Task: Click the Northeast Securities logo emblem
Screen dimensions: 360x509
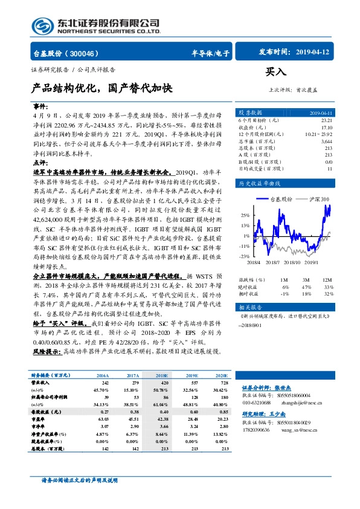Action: [x=42, y=25]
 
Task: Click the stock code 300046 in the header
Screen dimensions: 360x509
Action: [x=91, y=53]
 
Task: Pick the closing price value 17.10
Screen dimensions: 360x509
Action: [x=326, y=128]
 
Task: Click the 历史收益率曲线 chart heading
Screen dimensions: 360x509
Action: [x=260, y=183]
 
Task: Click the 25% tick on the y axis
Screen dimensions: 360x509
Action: [x=245, y=215]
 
